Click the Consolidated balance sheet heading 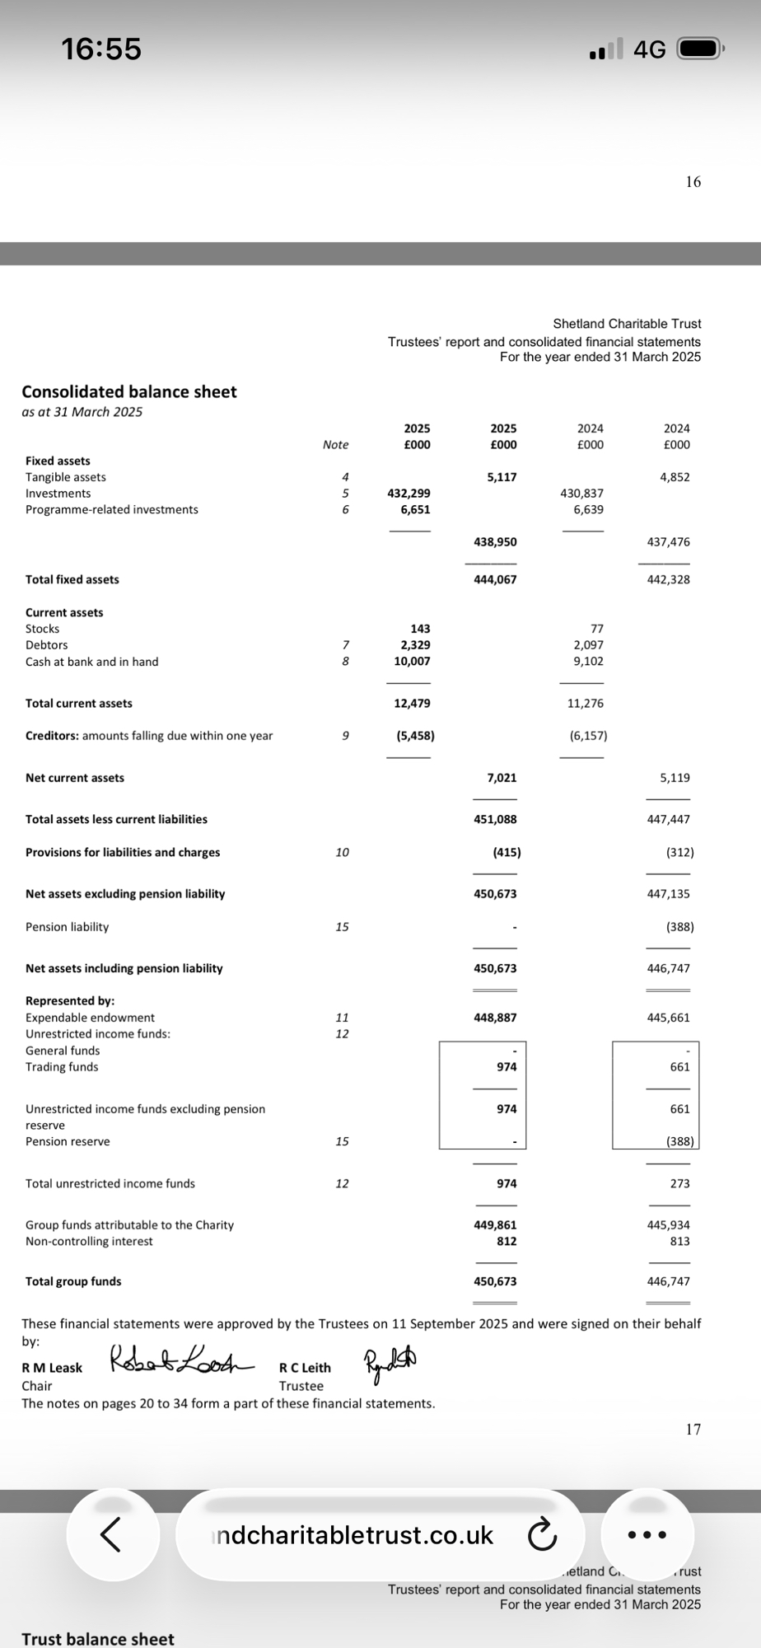click(x=129, y=392)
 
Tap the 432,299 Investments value click(x=409, y=494)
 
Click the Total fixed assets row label click(x=72, y=580)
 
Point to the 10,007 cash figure click(x=412, y=662)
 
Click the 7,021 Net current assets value click(x=502, y=778)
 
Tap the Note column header click(x=335, y=445)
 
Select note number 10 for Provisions click(x=342, y=853)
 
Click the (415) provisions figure click(x=507, y=853)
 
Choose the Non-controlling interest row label click(x=89, y=1242)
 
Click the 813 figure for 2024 click(x=679, y=1242)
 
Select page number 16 click(x=693, y=182)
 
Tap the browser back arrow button click(x=112, y=1534)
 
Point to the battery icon click(x=699, y=49)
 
